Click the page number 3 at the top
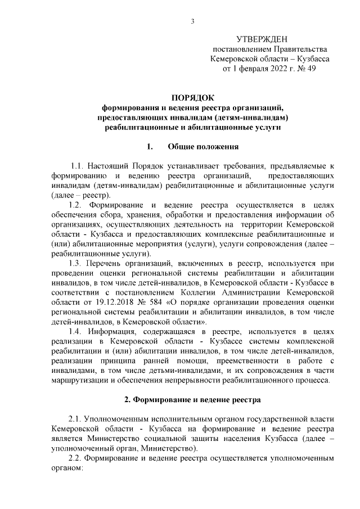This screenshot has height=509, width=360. click(x=192, y=22)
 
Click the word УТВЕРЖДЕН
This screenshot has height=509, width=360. click(x=262, y=39)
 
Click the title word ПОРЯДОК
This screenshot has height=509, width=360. click(x=192, y=97)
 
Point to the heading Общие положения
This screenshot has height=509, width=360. click(x=203, y=147)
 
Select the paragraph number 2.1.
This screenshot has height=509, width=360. click(x=76, y=419)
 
